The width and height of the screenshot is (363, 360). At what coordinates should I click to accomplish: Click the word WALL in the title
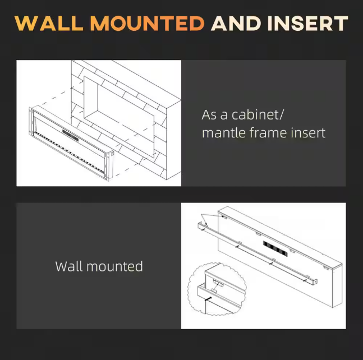tap(49, 24)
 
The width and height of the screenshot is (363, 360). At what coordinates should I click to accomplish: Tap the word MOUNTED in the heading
tap(147, 24)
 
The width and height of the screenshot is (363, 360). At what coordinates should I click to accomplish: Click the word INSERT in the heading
tap(307, 24)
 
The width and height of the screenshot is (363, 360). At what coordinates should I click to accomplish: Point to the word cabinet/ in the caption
tap(258, 114)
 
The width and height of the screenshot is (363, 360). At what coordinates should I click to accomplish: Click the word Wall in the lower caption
tap(69, 266)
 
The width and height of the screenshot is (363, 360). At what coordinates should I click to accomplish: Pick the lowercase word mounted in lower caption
tap(114, 266)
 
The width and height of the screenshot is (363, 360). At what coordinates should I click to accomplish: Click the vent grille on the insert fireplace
tap(70, 135)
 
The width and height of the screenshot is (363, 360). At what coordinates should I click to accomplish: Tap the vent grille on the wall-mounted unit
tap(275, 249)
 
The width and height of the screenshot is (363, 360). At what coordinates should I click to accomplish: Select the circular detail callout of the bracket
tap(217, 289)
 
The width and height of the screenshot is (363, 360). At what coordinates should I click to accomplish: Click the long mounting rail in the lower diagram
tap(257, 254)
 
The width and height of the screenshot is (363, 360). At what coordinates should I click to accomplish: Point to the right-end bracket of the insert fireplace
tap(109, 165)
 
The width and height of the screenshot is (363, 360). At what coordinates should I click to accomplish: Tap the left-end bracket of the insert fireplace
tap(30, 121)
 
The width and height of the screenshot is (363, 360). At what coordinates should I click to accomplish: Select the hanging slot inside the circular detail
tap(218, 283)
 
